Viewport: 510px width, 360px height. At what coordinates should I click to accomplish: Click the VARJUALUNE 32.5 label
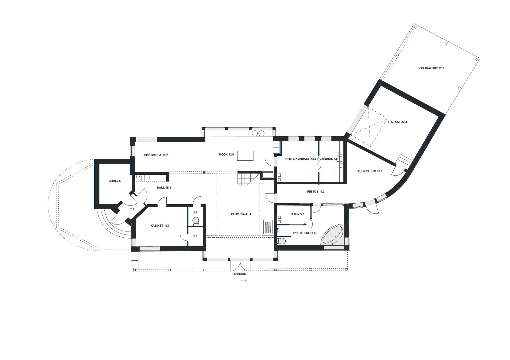pyautogui.click(x=431, y=68)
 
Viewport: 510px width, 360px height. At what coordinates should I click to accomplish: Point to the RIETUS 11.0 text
pyautogui.click(x=315, y=192)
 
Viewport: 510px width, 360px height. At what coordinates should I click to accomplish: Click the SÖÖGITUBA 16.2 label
pyautogui.click(x=156, y=155)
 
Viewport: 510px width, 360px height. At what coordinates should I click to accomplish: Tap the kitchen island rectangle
pyautogui.click(x=245, y=156)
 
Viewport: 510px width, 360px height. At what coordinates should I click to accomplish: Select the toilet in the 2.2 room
pyautogui.click(x=196, y=221)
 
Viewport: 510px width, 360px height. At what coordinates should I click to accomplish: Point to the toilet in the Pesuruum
pyautogui.click(x=281, y=240)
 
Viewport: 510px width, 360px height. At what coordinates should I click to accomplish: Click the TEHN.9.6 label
pyautogui.click(x=114, y=181)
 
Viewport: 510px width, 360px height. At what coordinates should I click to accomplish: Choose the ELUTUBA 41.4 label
pyautogui.click(x=241, y=214)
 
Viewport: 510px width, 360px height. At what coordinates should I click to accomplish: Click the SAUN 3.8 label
pyautogui.click(x=298, y=214)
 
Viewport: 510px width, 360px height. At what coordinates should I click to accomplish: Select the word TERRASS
pyautogui.click(x=239, y=274)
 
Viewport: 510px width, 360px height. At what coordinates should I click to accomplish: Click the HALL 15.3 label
pyautogui.click(x=164, y=188)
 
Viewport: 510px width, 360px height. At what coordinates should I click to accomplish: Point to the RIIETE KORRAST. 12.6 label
pyautogui.click(x=301, y=159)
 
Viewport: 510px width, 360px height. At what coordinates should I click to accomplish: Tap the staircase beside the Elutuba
pyautogui.click(x=249, y=179)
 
